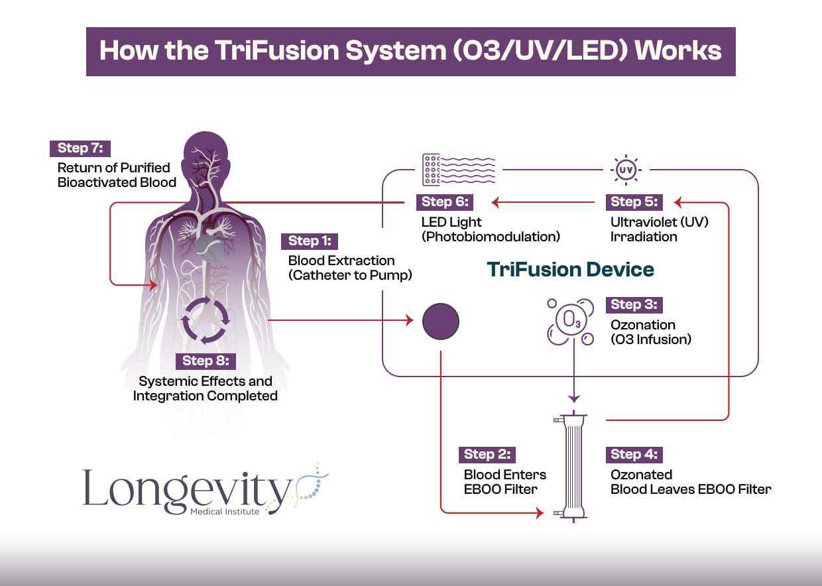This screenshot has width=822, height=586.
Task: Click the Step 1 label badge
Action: click(x=310, y=241)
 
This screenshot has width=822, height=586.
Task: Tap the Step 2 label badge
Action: click(x=487, y=455)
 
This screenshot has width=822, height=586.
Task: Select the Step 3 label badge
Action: click(x=634, y=305)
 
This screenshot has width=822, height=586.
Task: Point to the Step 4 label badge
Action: click(x=634, y=455)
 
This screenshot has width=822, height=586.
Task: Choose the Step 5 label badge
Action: click(x=634, y=202)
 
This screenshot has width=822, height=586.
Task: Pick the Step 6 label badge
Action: click(x=445, y=202)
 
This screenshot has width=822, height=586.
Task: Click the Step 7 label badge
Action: click(x=80, y=148)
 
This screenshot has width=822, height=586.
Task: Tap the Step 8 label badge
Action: click(x=206, y=361)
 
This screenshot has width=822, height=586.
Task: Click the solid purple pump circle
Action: click(x=441, y=322)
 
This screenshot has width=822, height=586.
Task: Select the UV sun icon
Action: click(x=625, y=170)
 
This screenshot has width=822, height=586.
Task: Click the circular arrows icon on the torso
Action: click(x=206, y=320)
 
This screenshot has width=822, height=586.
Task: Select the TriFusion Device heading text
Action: click(x=570, y=269)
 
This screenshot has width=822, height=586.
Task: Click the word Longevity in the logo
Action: click(x=187, y=489)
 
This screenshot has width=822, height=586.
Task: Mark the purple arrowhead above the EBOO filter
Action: click(x=574, y=398)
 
